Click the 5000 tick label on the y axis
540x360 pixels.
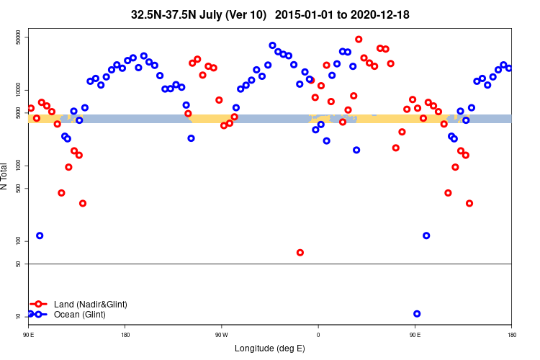click(19, 113)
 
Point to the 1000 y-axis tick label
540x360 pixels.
click(19, 166)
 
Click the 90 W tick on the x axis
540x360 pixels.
click(221, 335)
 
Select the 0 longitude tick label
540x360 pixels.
click(318, 335)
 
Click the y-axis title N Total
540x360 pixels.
click(6, 176)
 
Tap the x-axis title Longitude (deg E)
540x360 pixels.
click(270, 349)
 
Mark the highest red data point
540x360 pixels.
click(359, 40)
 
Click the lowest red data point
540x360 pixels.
click(300, 253)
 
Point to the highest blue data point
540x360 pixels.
click(272, 45)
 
